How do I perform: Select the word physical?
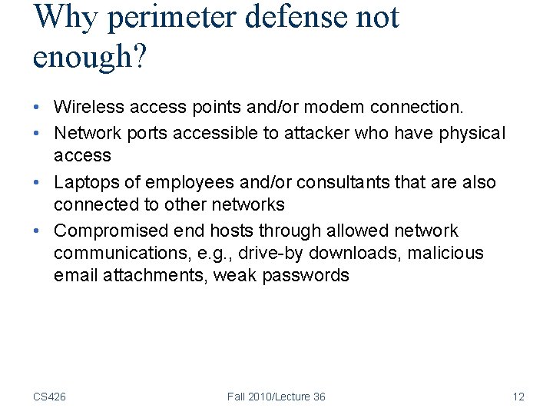tap(472, 133)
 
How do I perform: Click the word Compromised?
tap(111, 231)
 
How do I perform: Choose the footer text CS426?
tap(49, 397)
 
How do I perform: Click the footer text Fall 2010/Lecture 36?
tap(276, 397)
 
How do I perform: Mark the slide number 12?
tap(518, 397)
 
